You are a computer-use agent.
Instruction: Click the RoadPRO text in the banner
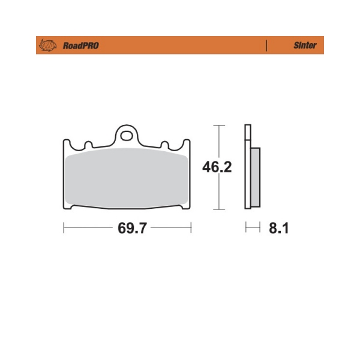coord(81,46)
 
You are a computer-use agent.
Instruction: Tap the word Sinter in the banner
coord(305,45)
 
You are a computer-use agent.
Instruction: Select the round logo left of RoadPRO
coord(48,45)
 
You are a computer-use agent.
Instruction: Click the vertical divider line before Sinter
coord(266,46)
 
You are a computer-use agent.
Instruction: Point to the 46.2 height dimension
coord(217,167)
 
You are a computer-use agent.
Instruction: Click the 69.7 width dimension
coord(132,228)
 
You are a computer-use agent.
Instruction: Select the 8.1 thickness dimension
coord(278,228)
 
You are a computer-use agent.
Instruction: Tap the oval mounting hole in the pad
coord(127,136)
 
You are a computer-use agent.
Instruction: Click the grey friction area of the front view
coord(127,178)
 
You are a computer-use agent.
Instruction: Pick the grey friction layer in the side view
coord(256,177)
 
